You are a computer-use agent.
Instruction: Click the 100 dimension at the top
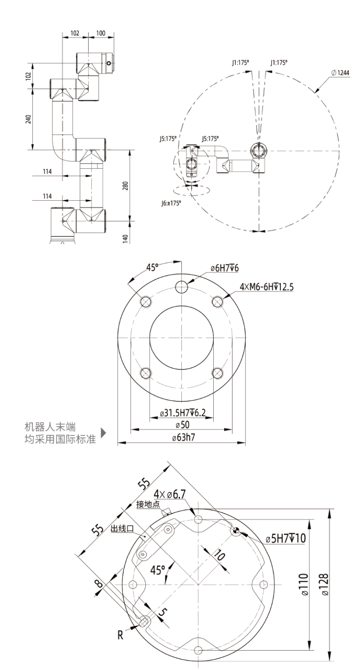coord(100,34)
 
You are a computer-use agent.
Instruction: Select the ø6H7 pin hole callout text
coord(225,268)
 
